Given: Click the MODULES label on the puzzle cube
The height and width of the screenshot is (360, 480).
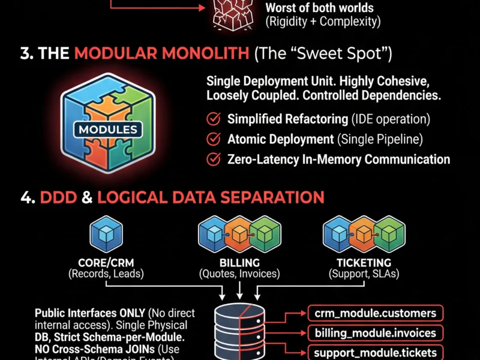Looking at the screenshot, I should point(108,129).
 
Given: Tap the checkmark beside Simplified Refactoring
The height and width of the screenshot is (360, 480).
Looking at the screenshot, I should point(213,119).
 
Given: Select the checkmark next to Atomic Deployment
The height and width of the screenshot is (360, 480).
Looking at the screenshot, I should point(213,139).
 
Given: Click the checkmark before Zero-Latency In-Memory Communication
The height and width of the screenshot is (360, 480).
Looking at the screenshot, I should point(213,159).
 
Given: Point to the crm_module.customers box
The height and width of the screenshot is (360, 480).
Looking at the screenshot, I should point(375,313).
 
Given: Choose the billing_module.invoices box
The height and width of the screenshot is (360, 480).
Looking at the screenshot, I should point(375,332).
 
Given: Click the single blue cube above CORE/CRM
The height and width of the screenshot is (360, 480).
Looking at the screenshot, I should point(106,234).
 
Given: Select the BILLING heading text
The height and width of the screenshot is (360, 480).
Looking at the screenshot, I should point(239,263).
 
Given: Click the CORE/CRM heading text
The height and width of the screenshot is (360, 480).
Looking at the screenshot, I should point(106,263).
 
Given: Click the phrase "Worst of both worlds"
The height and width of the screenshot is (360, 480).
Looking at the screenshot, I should point(319,9).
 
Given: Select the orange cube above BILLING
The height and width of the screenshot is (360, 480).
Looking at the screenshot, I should point(239,234).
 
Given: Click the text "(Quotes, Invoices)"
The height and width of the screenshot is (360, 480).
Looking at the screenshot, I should point(239,274).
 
